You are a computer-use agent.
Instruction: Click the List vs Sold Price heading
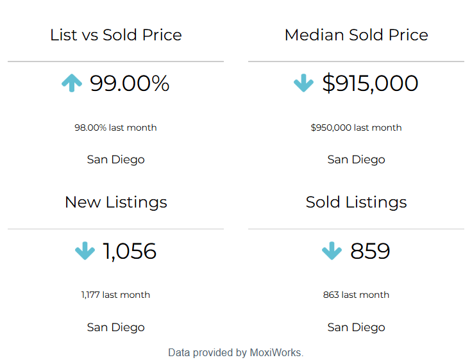(115, 35)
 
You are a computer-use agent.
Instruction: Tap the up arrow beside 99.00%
(72, 83)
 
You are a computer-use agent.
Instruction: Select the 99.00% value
(130, 83)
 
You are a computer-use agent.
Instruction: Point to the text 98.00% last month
(115, 127)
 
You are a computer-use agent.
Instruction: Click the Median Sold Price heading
(356, 35)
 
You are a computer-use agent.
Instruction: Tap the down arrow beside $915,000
(303, 83)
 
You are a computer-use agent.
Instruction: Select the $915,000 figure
(370, 83)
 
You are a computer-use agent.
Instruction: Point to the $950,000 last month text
(356, 127)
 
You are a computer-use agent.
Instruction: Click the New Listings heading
(115, 202)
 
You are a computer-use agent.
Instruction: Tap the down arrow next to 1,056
(85, 251)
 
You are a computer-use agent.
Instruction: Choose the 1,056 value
(130, 251)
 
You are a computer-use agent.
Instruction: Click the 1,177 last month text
(115, 295)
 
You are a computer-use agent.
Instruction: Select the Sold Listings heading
(356, 202)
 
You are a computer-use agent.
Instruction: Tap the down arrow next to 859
(332, 251)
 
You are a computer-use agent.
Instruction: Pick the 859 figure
(370, 251)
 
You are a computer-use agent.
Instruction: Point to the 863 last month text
(356, 295)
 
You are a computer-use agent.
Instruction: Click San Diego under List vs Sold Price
(115, 160)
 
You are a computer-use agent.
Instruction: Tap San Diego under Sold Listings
(356, 327)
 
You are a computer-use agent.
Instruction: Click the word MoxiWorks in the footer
(275, 352)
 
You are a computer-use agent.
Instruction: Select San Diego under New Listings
(115, 327)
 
